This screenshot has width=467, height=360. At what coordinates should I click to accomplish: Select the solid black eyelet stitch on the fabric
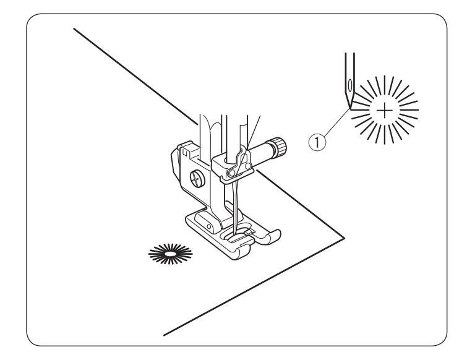pos(168,252)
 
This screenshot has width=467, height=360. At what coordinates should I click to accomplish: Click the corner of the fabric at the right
pos(344,236)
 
